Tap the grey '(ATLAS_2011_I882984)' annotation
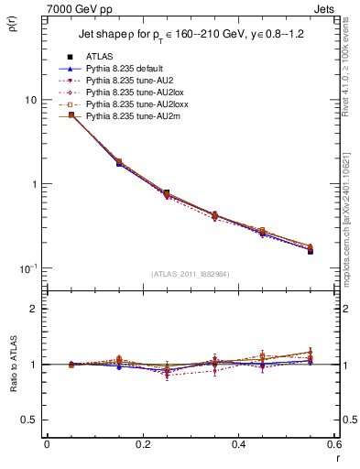coord(190,273)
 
